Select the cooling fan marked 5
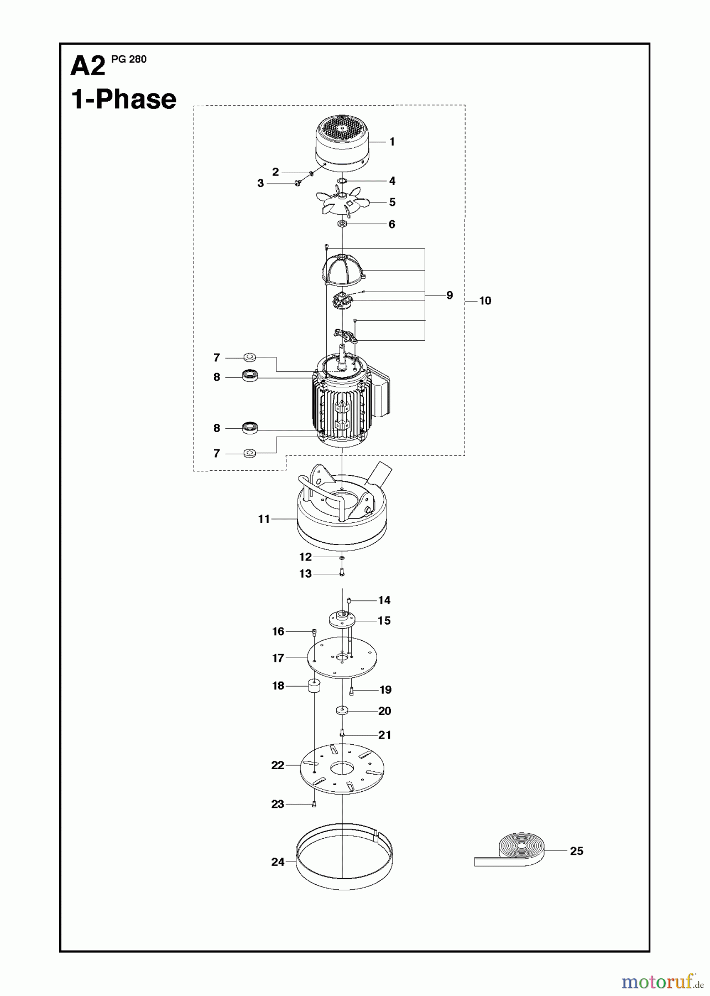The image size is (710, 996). (x=342, y=203)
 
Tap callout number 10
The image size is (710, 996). (x=485, y=301)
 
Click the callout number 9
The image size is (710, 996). (x=450, y=295)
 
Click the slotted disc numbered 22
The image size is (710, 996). (x=343, y=769)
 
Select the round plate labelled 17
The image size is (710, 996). (x=343, y=658)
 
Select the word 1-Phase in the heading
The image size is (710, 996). (x=124, y=100)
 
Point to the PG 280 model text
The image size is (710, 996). (x=129, y=59)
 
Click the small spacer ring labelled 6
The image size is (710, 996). (x=342, y=224)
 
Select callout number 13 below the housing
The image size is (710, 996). (x=305, y=574)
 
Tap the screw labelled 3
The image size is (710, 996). (x=297, y=183)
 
